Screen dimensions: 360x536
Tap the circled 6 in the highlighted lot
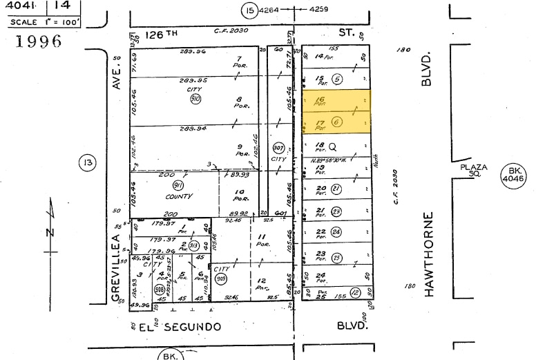tap(337, 122)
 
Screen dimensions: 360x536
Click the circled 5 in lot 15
tap(337, 78)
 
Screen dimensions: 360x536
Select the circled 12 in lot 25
tap(354, 292)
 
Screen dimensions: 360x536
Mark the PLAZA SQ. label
tap(474, 171)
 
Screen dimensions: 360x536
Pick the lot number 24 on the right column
tap(320, 274)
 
